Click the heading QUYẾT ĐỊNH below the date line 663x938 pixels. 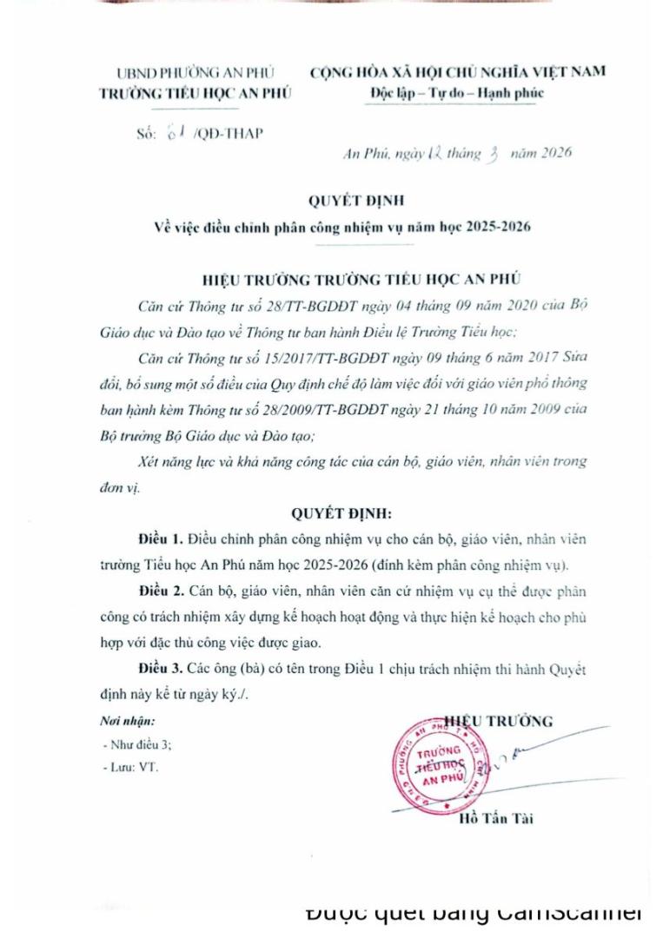tap(331, 202)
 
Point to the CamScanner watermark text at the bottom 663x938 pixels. tap(474, 913)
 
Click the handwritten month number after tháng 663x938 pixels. tap(492, 154)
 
